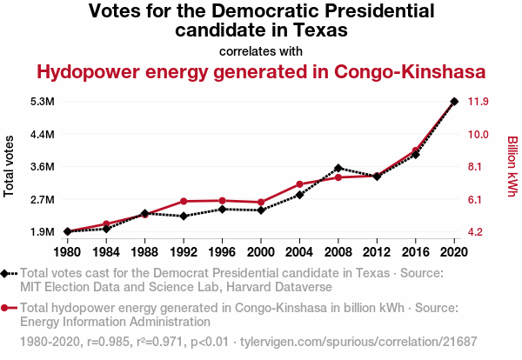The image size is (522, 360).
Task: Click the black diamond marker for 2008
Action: coord(338,168)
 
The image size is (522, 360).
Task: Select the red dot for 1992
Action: coord(184,202)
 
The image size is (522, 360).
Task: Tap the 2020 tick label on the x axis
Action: coord(454,252)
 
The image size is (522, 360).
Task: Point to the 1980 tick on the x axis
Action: coord(67,252)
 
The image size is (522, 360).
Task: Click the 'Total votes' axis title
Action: coord(10,166)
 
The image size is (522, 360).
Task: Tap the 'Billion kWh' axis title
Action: coord(512,166)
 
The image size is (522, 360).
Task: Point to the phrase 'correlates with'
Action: coord(261,50)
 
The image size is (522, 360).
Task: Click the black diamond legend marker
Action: coord(8,273)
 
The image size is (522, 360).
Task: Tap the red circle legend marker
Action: coord(8,307)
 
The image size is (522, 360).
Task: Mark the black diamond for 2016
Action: coord(416,154)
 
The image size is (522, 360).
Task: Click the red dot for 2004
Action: coord(299,184)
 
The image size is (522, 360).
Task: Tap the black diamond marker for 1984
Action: coord(106,229)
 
